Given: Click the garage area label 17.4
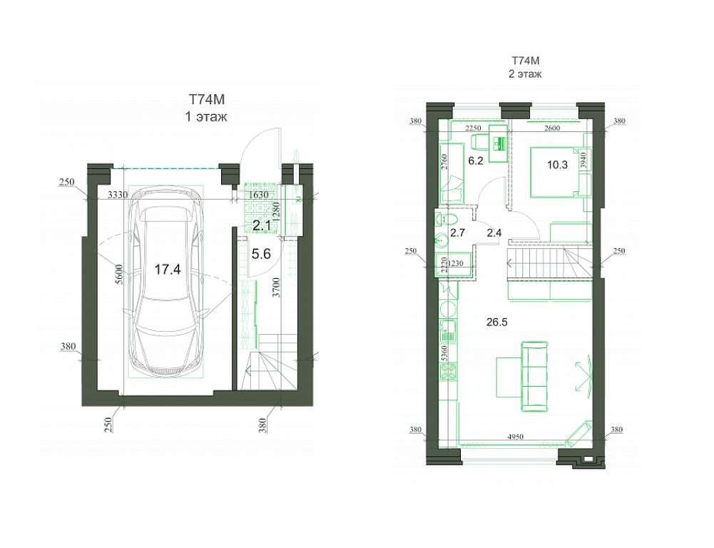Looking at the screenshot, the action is click(168, 270).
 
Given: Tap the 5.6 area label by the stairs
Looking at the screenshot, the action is click(261, 254).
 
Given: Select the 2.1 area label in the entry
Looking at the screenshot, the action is click(262, 225).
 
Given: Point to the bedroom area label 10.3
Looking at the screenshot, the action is click(557, 165).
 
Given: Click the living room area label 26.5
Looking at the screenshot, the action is click(496, 323).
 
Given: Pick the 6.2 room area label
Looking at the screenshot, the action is click(476, 161).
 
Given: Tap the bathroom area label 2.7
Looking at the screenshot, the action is click(458, 233).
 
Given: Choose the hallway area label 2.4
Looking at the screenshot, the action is click(494, 233).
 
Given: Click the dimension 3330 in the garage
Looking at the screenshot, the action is click(118, 195).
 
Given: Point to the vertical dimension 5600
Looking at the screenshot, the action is click(119, 274).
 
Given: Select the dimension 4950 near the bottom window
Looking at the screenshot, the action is click(516, 437).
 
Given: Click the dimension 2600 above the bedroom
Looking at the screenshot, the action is click(552, 128).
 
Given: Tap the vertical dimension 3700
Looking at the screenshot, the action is click(277, 288).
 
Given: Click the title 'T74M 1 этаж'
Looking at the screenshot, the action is click(206, 108).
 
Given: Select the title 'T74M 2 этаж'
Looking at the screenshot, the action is click(526, 67).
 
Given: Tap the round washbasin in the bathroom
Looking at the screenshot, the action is click(442, 240).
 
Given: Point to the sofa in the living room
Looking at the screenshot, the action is click(534, 377).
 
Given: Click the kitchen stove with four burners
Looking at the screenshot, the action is click(449, 371).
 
